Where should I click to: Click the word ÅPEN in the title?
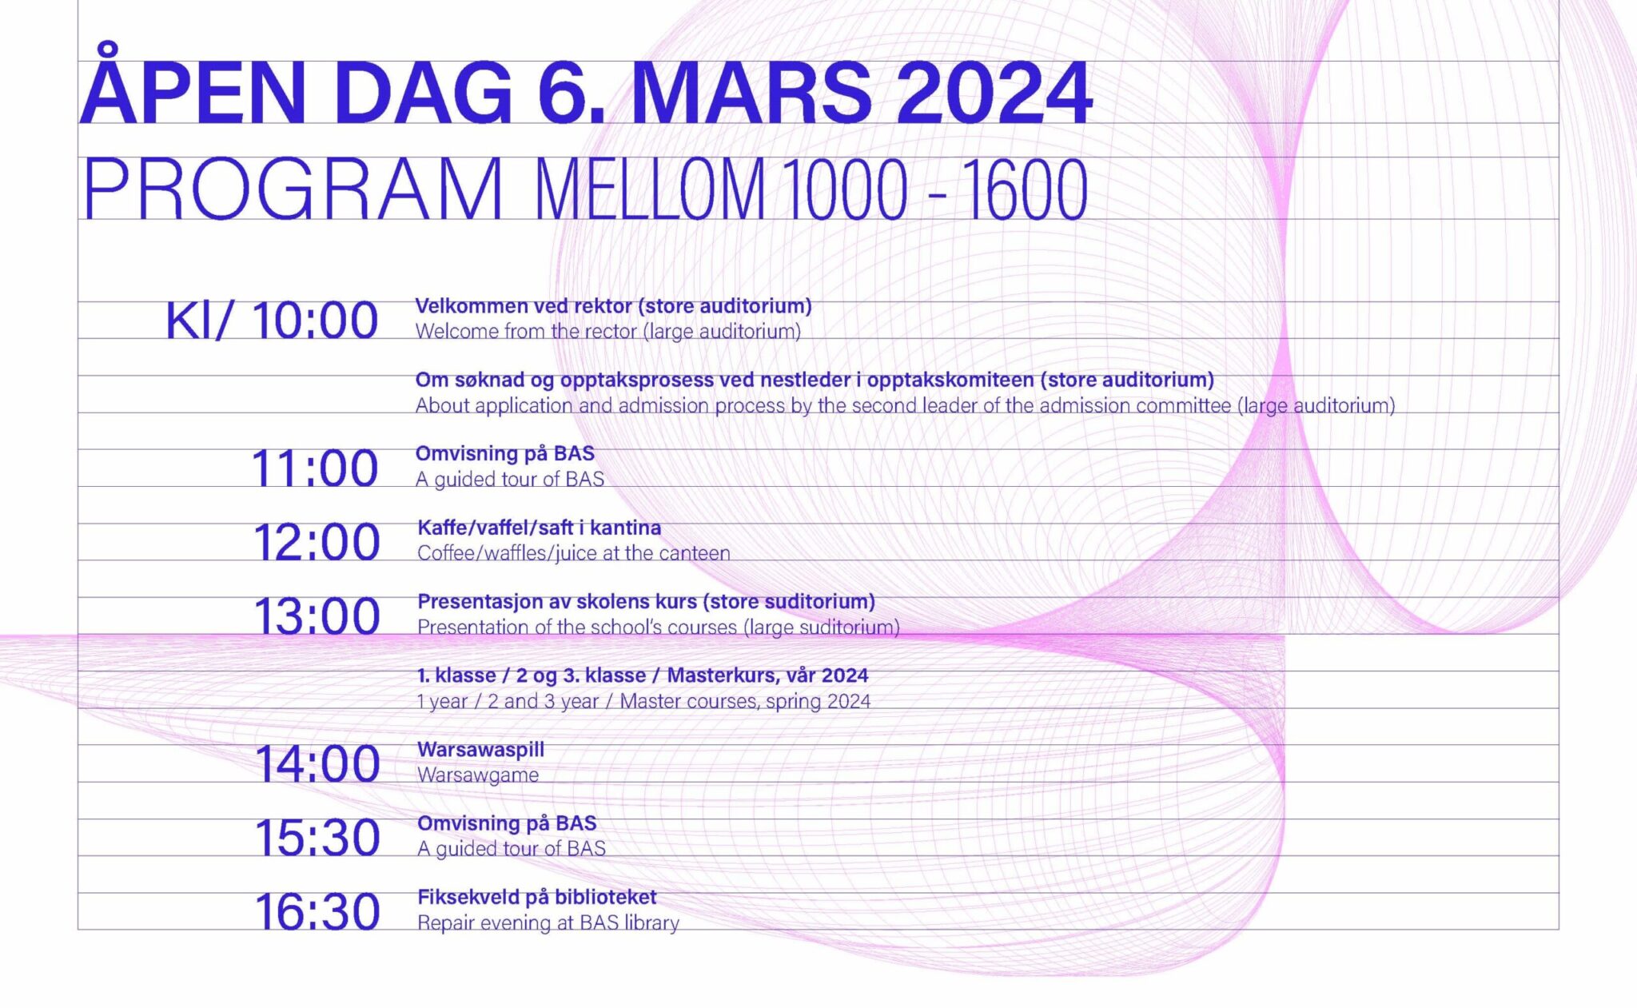coord(193,90)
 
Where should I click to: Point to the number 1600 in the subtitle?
coord(1025,189)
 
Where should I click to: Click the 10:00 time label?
coord(315,321)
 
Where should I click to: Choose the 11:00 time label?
coord(314,468)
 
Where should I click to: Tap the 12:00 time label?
coord(317,543)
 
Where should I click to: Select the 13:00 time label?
coord(317,616)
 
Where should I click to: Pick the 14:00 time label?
coord(317,764)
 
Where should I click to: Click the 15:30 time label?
coord(317,838)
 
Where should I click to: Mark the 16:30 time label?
coord(317,912)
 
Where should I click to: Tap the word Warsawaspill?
coord(480,750)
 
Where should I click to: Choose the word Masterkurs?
coord(716,676)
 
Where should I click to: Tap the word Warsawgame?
coord(478,775)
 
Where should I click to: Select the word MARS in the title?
coord(751,93)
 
